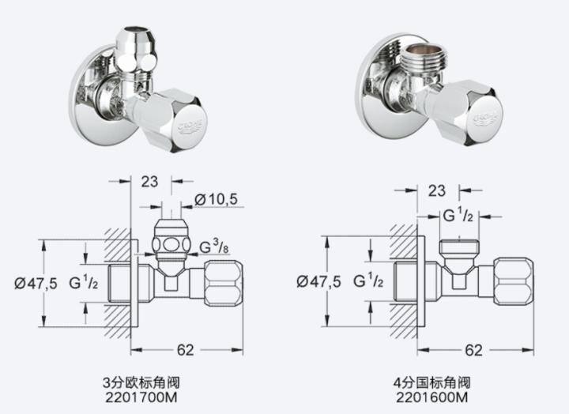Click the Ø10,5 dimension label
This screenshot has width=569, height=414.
coord(217,199)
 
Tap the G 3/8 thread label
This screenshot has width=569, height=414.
coord(214,247)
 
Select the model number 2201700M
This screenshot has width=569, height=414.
coord(141,397)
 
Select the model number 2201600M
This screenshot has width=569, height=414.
coord(431,397)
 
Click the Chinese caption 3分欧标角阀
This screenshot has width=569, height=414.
coord(141,382)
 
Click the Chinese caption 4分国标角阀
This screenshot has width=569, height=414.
coord(431,382)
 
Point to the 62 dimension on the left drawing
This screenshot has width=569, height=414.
coord(186,350)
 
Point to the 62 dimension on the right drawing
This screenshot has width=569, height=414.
coord(474,350)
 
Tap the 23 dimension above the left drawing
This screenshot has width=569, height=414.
coord(149,182)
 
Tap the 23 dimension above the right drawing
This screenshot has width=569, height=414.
coord(437,190)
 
